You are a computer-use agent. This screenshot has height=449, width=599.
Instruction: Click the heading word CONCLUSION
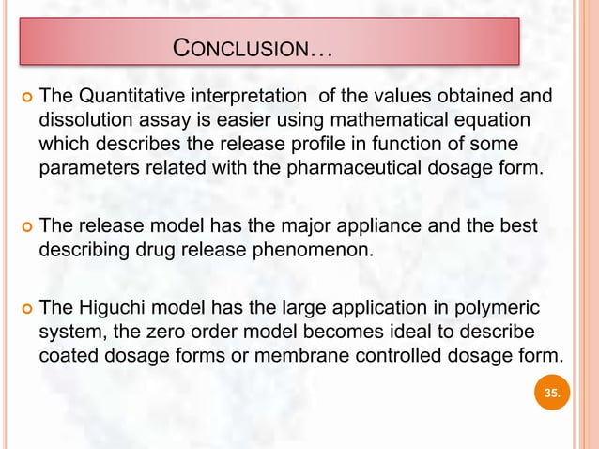(241, 48)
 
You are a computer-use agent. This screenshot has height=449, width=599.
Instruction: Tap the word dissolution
(81, 121)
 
